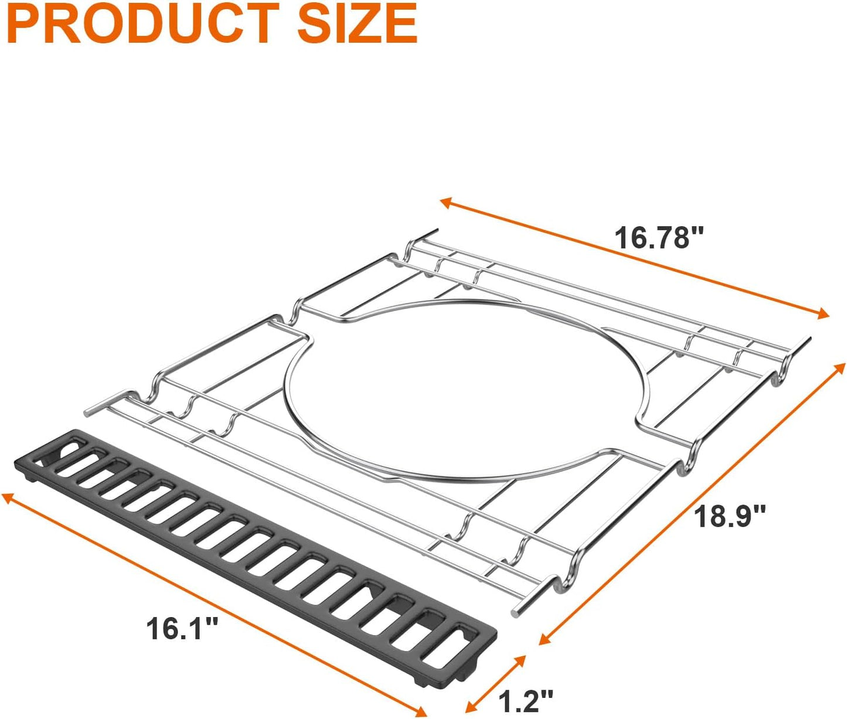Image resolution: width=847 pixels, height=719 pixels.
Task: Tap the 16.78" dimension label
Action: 658,238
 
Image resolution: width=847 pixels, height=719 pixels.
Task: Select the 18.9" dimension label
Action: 730,516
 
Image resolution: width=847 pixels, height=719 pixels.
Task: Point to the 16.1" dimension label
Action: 182,629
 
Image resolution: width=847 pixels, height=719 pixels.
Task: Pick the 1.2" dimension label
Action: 525,700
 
